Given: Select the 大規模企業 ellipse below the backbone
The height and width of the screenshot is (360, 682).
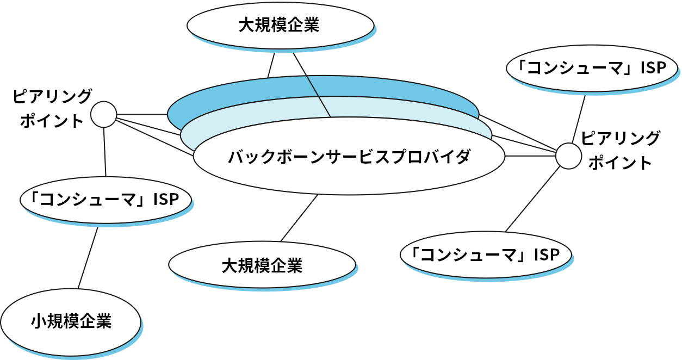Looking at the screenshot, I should pyautogui.click(x=262, y=266).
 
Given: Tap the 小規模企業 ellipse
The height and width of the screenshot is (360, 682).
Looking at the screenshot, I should pyautogui.click(x=71, y=322).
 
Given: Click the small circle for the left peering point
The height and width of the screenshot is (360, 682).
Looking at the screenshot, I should pyautogui.click(x=103, y=114).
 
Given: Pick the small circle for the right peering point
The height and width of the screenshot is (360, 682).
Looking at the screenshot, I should pyautogui.click(x=569, y=157).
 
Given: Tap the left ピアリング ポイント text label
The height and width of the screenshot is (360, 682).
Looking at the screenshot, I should pyautogui.click(x=52, y=108).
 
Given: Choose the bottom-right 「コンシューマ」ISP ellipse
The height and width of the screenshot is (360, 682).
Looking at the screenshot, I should pyautogui.click(x=486, y=255).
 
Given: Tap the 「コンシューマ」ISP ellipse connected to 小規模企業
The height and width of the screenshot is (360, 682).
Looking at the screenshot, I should pyautogui.click(x=106, y=199).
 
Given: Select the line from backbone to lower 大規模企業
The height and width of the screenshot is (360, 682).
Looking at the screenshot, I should pyautogui.click(x=299, y=218).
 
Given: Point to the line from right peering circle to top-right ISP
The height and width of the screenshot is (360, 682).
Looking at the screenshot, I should pyautogui.click(x=579, y=119).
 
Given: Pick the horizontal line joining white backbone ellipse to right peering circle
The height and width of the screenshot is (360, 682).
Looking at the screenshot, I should pyautogui.click(x=530, y=157).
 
